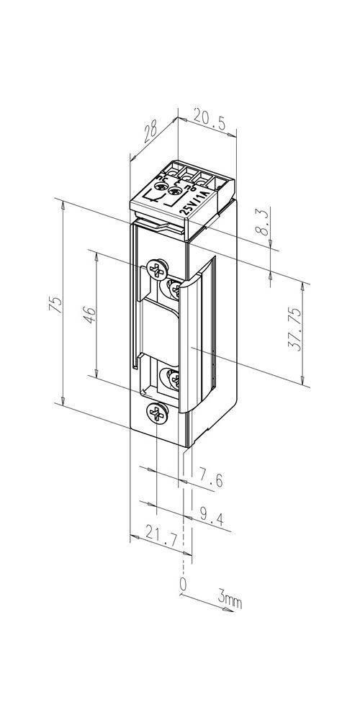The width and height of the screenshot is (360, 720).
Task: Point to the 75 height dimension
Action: tap(55, 305)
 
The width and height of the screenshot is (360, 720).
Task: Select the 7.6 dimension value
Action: tap(211, 476)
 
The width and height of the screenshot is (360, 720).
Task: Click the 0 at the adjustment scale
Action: tap(184, 584)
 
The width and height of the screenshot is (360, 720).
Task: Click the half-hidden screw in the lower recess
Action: tap(173, 379)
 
